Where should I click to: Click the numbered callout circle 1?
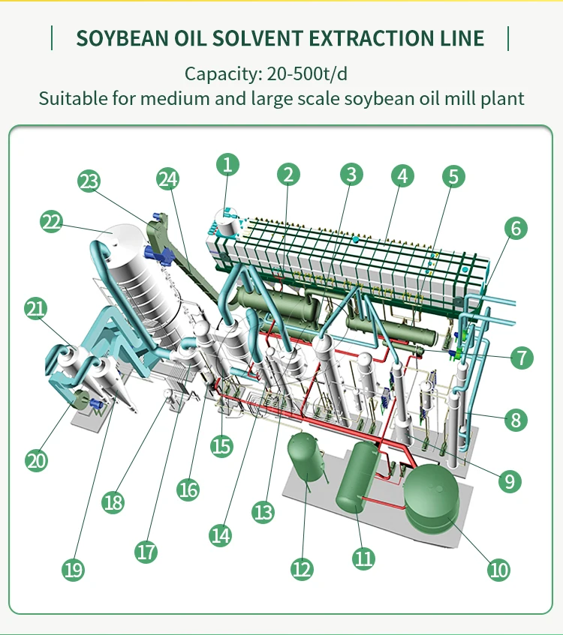[228, 164]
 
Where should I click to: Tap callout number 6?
[515, 228]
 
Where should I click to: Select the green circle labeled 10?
[499, 570]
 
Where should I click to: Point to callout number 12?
[302, 569]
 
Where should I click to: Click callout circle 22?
[51, 222]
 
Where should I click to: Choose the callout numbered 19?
[73, 570]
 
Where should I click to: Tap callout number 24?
[169, 179]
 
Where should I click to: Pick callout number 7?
[521, 357]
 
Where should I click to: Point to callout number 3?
[350, 175]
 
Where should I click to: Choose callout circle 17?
[146, 553]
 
